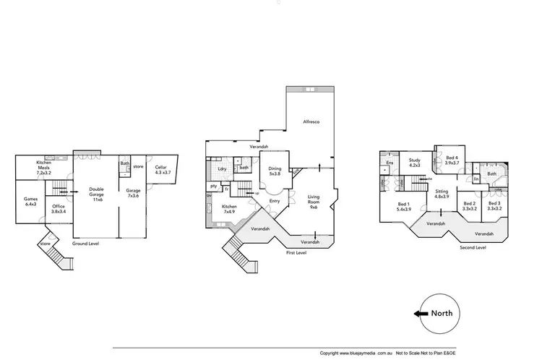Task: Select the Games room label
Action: pos(30,201)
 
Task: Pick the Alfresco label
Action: pos(311,123)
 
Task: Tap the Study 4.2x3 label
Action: pos(414,163)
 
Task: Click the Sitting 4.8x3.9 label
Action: pos(442,194)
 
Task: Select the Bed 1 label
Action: pos(404,207)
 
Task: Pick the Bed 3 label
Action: pos(494,207)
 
